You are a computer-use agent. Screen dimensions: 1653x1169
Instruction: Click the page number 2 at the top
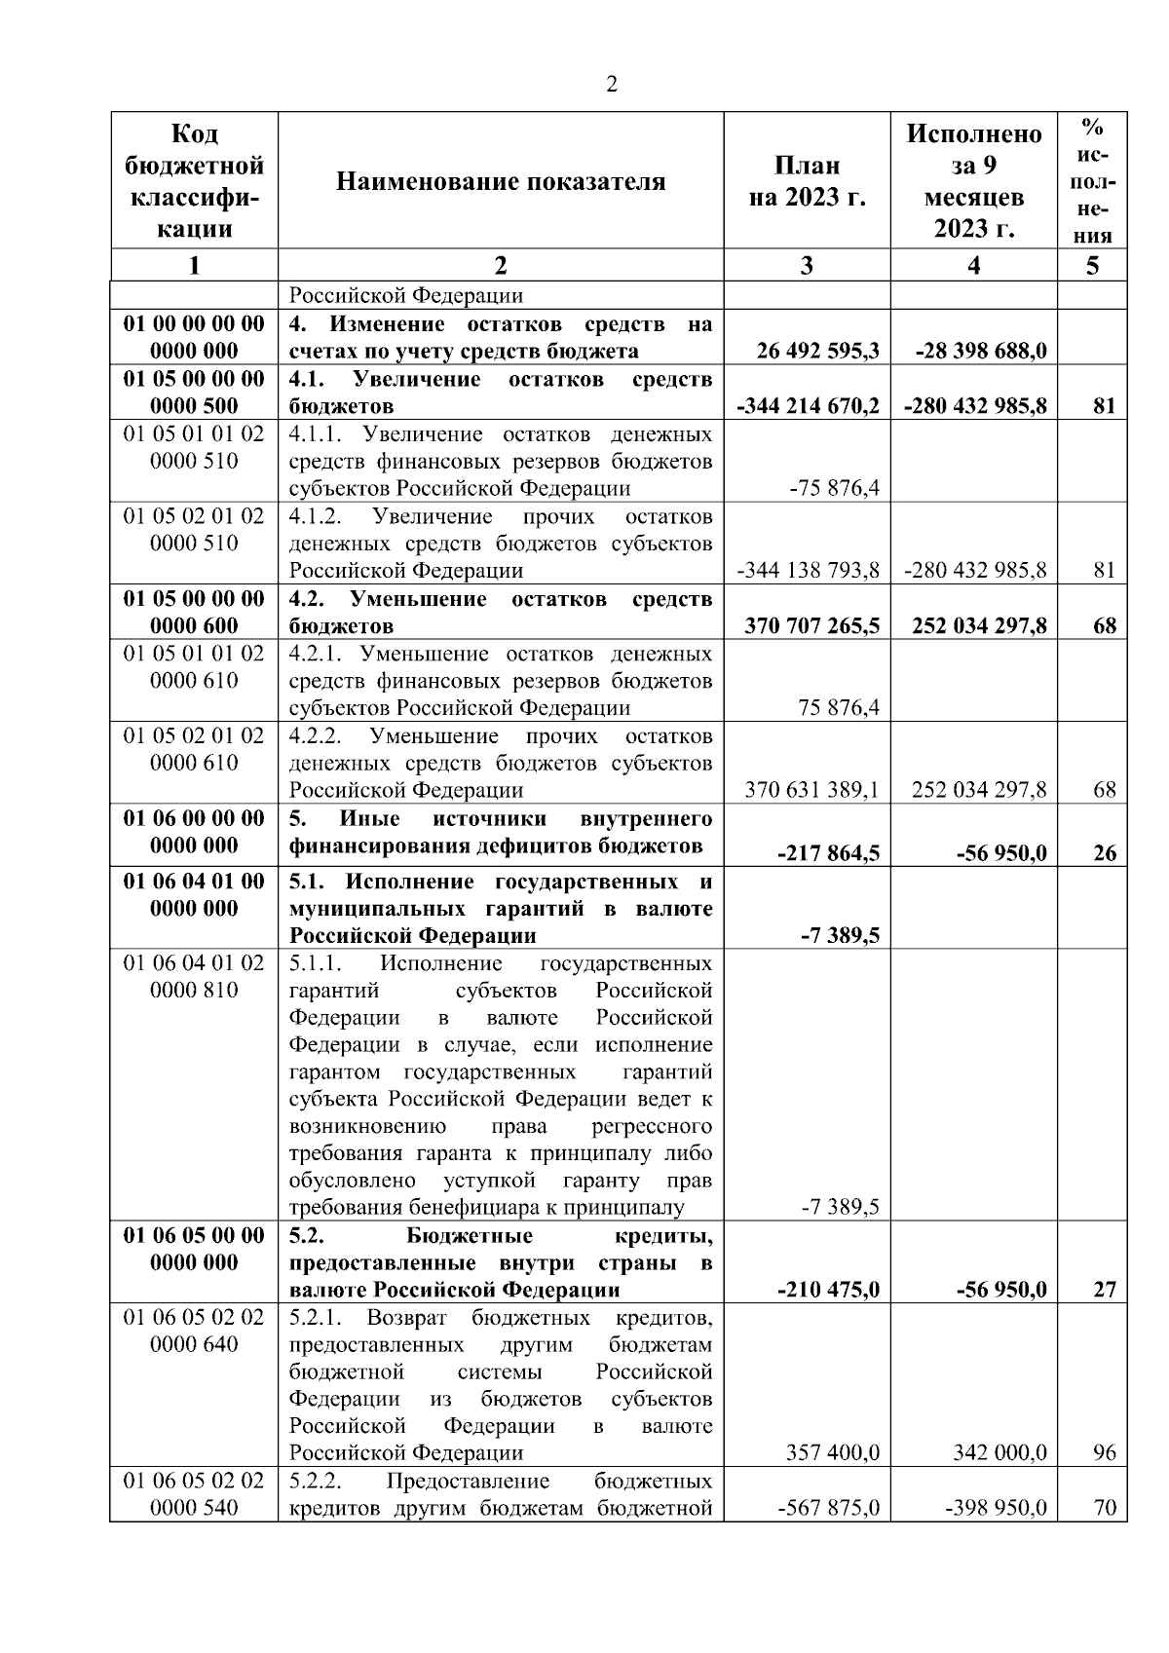[611, 85]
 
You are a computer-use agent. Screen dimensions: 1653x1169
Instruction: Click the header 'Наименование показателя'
[501, 181]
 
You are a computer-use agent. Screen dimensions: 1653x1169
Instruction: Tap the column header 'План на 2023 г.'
[807, 181]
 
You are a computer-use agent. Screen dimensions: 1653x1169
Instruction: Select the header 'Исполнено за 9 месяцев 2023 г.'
[973, 181]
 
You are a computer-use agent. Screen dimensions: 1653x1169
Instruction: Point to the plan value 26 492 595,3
[817, 351]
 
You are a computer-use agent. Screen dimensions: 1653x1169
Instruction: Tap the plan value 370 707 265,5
[812, 625]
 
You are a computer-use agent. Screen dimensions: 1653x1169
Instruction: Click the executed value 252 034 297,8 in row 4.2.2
[979, 790]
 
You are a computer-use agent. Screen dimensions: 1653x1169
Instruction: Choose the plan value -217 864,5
[828, 853]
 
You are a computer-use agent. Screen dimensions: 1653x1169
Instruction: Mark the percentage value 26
[1104, 853]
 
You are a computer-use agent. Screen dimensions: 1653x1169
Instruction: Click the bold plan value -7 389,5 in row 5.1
[841, 936]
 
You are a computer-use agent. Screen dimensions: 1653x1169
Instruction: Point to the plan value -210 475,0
[829, 1290]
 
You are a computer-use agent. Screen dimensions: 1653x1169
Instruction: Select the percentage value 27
[1104, 1290]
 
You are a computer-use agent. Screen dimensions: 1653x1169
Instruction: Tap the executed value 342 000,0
[1000, 1453]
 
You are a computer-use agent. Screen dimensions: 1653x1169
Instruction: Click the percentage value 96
[1104, 1453]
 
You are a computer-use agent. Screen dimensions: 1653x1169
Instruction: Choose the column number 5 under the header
[1092, 265]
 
